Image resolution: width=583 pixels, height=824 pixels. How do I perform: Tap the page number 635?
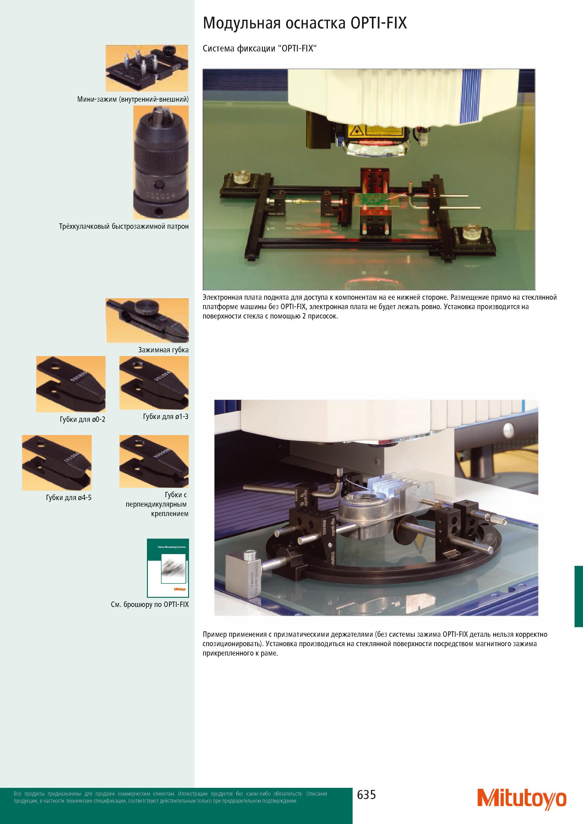366,795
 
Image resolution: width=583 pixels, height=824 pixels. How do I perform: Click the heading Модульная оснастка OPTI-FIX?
305,23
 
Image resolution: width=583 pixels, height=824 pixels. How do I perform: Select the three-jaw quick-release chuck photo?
161,162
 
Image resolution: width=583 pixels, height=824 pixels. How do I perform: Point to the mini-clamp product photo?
147,68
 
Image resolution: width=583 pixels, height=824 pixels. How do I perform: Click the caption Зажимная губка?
163,350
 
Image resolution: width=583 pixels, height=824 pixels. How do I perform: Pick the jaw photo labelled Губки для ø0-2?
71,384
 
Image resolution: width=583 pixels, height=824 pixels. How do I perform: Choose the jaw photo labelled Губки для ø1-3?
154,383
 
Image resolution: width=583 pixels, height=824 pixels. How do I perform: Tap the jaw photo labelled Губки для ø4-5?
57,463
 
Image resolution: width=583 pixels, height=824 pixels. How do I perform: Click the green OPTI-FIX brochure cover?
168,568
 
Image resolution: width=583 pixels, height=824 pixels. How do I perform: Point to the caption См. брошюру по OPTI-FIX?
150,604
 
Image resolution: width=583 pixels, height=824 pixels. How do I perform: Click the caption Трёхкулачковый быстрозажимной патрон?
124,226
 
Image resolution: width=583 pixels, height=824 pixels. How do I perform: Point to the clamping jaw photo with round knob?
147,320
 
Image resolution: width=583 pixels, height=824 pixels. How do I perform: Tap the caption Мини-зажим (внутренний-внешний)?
133,99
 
